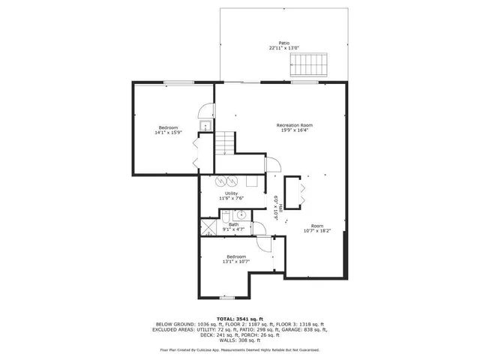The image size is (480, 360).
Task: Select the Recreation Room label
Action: click(x=295, y=124)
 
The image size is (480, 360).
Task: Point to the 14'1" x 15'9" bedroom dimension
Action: click(x=169, y=132)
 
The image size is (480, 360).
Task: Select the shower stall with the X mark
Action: click(x=208, y=228)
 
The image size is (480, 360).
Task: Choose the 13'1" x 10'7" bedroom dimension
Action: click(x=237, y=261)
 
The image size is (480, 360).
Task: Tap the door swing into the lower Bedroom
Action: click(x=262, y=244)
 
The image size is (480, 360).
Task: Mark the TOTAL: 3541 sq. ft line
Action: click(x=240, y=318)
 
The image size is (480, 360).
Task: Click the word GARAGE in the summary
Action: click(x=307, y=328)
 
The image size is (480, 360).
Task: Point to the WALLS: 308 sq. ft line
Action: click(x=240, y=340)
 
